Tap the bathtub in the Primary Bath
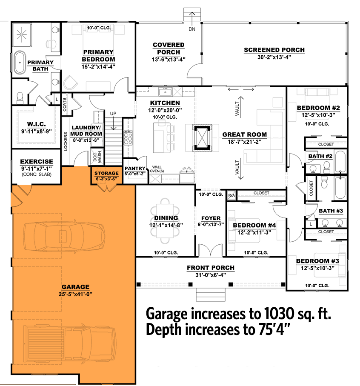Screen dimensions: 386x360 20,63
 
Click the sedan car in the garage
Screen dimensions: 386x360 64,234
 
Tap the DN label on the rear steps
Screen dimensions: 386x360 191,29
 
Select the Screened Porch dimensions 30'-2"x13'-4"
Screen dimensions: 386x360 274,57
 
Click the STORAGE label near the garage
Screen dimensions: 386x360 106,174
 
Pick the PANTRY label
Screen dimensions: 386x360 135,168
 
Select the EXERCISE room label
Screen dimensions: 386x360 36,162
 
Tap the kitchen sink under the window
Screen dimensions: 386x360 164,91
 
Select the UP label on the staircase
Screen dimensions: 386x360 113,114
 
